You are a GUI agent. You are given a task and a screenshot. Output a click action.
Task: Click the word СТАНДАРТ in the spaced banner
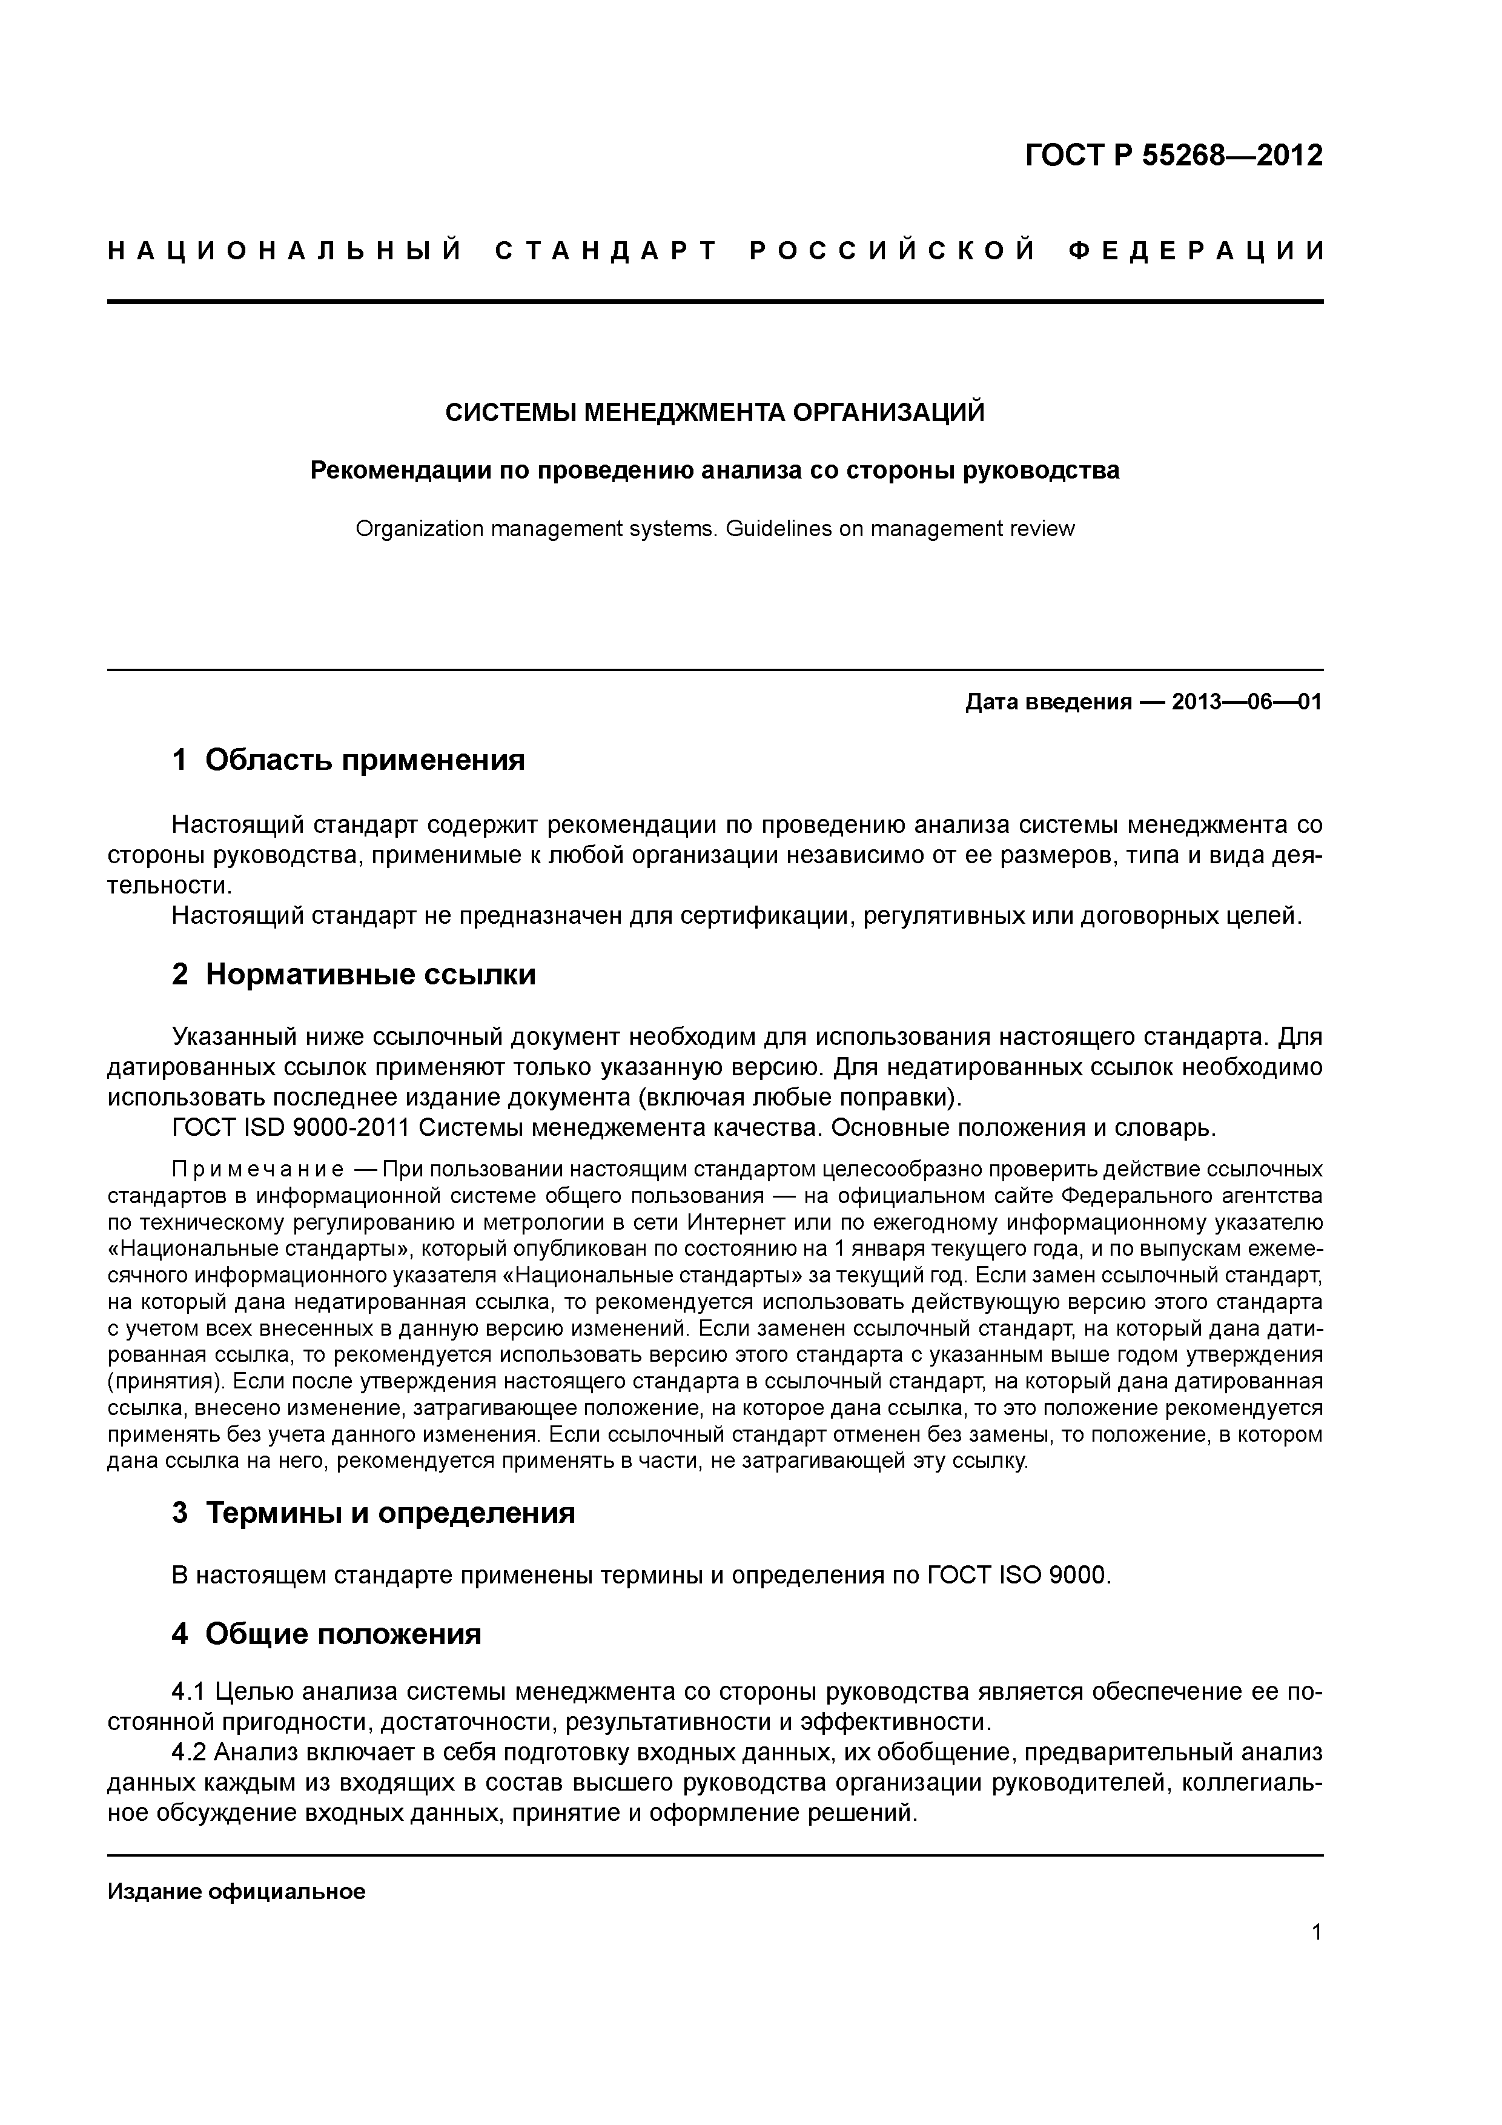click(606, 251)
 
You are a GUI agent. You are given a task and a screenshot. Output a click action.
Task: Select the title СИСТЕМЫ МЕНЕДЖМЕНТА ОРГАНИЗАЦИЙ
click(715, 412)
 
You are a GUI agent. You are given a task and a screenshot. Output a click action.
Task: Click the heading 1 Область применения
click(348, 760)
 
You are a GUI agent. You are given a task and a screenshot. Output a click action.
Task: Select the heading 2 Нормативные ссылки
click(354, 975)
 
